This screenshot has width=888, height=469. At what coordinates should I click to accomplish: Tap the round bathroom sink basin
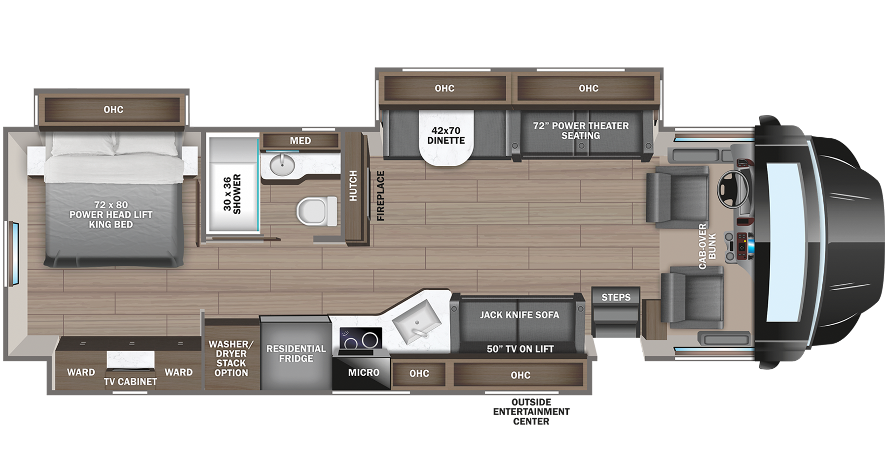tap(282, 164)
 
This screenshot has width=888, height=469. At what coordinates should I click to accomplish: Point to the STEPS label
tap(616, 297)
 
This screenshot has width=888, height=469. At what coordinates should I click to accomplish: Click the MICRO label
tap(364, 372)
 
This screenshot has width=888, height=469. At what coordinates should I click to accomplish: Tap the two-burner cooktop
tap(360, 340)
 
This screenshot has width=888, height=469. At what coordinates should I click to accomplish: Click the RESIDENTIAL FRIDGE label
tap(296, 353)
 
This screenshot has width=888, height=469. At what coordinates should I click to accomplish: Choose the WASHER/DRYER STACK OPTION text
tap(231, 358)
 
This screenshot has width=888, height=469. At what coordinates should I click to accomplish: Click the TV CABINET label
tap(130, 382)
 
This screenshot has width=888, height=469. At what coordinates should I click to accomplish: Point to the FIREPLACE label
tap(380, 195)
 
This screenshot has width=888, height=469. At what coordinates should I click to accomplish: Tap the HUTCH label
tap(353, 186)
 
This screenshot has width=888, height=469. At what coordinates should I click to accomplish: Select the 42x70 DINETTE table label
tap(446, 135)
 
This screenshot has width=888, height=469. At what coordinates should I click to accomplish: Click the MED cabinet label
tap(300, 141)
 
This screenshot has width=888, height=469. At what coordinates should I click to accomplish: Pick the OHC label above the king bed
tap(113, 110)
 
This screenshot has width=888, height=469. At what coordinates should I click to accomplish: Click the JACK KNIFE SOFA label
tap(519, 314)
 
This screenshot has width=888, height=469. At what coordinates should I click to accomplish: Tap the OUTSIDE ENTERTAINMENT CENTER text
tap(531, 411)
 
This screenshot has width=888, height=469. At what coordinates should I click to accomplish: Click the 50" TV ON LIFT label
tap(520, 349)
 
